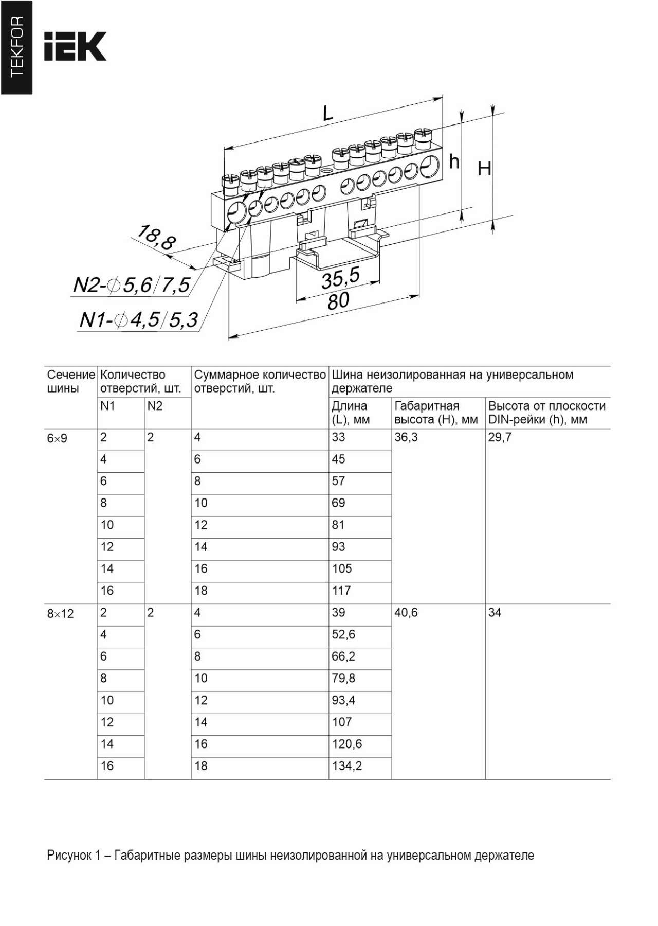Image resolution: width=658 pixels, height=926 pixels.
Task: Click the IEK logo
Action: pyautogui.click(x=75, y=46)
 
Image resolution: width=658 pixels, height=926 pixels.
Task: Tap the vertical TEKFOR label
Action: pyautogui.click(x=16, y=47)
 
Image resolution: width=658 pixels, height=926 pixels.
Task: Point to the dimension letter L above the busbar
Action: pyautogui.click(x=327, y=113)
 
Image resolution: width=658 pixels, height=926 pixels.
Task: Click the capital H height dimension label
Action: pyautogui.click(x=484, y=168)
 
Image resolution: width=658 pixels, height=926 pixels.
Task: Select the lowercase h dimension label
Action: pyautogui.click(x=454, y=162)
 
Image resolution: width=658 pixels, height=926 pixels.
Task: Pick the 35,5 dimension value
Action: pyautogui.click(x=340, y=278)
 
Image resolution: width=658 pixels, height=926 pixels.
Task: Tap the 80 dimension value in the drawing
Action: pyautogui.click(x=338, y=301)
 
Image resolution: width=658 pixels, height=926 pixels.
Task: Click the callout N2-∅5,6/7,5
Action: pyautogui.click(x=132, y=285)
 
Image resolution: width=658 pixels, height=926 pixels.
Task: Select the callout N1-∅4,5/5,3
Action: pyautogui.click(x=138, y=320)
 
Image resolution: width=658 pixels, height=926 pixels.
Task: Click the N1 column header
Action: pyautogui.click(x=107, y=406)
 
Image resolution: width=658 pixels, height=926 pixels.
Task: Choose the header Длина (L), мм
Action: pyautogui.click(x=351, y=413)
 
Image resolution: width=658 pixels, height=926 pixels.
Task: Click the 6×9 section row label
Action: pyautogui.click(x=57, y=438)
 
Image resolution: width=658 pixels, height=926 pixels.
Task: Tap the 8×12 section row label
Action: pyautogui.click(x=60, y=614)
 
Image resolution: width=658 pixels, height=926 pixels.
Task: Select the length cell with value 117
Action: pyautogui.click(x=341, y=591)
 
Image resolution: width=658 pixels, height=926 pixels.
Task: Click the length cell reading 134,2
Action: pyautogui.click(x=346, y=766)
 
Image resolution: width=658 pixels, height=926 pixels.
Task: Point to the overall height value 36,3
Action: pyautogui.click(x=406, y=437)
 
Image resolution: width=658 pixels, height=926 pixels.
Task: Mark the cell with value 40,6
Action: pyautogui.click(x=406, y=613)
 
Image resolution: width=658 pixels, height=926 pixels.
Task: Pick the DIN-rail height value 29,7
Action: pyautogui.click(x=500, y=437)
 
